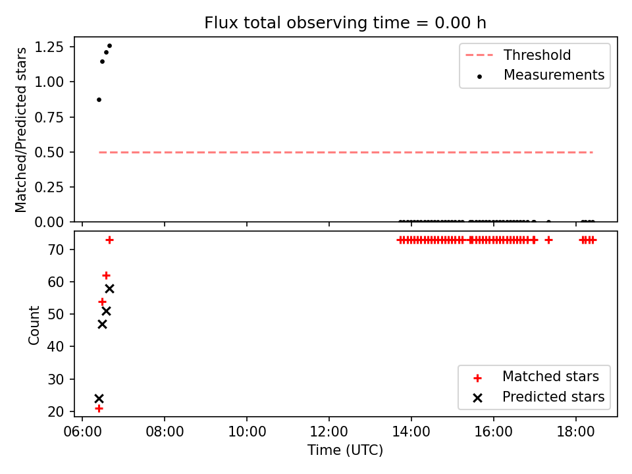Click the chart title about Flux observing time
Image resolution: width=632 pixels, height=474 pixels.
click(345, 22)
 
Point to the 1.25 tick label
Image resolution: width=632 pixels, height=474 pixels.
click(49, 47)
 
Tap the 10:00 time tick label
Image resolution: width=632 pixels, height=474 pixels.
click(247, 432)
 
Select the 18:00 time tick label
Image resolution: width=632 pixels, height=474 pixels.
click(575, 432)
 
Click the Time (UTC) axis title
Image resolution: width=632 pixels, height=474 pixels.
click(345, 450)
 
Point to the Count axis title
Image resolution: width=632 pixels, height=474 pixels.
click(34, 325)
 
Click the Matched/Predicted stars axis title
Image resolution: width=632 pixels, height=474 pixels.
click(20, 130)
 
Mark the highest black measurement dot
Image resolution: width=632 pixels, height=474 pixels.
click(109, 46)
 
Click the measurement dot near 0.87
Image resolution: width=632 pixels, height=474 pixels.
click(99, 99)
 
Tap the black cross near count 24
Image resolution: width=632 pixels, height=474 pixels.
click(99, 399)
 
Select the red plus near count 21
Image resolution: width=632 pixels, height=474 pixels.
click(99, 409)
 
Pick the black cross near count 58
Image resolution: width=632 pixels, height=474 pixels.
click(109, 288)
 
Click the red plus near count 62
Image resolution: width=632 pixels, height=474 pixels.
click(106, 276)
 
